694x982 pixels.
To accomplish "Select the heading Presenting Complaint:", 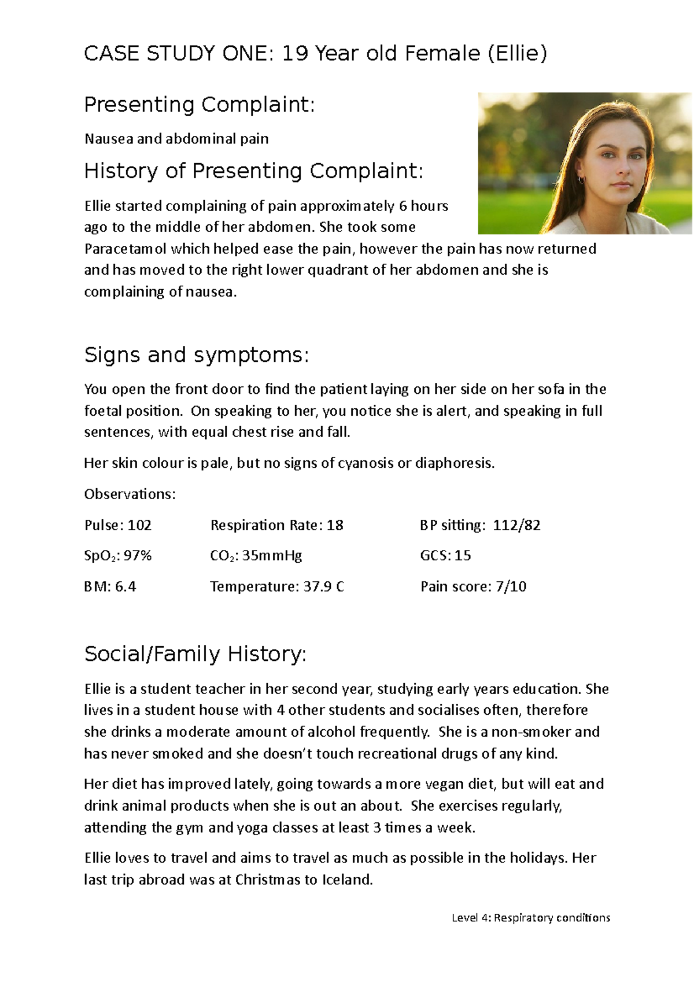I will pos(199,105).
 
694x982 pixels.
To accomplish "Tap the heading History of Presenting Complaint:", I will pos(253,171).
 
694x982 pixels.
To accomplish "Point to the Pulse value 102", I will pos(139,525).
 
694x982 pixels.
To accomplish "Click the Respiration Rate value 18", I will pos(335,525).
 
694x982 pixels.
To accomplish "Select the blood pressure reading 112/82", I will pos(516,525).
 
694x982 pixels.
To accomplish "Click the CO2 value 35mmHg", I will pos(272,556).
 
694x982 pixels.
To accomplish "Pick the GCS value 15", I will pos(463,556).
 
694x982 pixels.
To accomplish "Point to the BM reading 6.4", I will pos(125,586).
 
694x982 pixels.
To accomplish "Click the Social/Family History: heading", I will pos(195,654).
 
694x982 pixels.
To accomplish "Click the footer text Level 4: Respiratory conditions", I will pos(530,918).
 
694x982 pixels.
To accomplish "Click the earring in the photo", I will pos(581,180).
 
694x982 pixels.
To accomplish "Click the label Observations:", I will pos(130,494).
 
